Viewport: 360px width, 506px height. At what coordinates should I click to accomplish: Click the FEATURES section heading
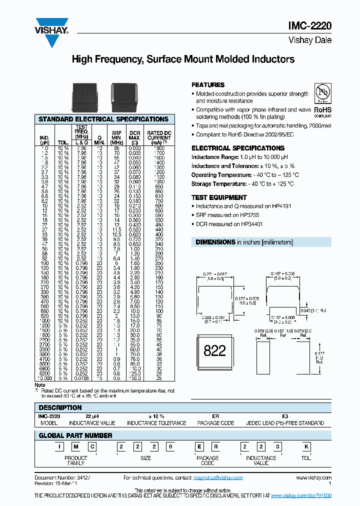tap(208, 85)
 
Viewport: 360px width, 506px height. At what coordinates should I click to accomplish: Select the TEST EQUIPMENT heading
tap(219, 197)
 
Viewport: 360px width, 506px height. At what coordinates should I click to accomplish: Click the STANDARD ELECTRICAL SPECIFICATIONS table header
tap(103, 119)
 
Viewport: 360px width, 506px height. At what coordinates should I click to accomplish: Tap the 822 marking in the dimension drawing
tap(215, 350)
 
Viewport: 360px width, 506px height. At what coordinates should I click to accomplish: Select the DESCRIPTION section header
tap(60, 407)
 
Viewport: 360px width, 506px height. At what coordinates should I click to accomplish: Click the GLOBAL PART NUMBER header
tap(75, 435)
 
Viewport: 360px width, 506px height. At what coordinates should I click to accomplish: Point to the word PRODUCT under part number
tap(76, 458)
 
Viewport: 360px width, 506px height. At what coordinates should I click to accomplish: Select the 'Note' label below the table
tap(40, 385)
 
